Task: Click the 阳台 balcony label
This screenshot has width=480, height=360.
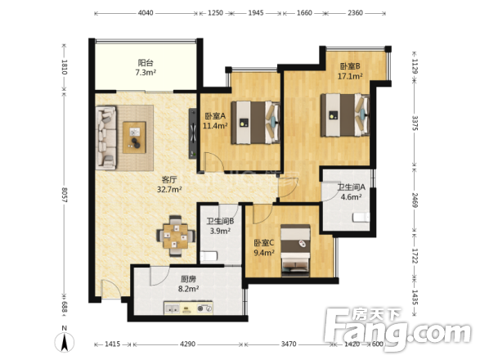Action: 146,63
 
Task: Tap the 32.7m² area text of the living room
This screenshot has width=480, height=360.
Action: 169,189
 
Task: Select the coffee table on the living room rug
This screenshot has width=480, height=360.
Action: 134,137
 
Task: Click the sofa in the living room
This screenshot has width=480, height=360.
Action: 106,137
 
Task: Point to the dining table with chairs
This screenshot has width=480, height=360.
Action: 176,236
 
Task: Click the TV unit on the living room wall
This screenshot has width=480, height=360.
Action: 192,133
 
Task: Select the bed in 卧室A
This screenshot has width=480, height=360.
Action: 256,123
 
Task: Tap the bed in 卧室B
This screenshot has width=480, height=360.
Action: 345,115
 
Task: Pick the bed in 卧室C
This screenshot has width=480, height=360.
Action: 295,250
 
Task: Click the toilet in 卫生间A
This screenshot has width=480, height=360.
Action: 361,217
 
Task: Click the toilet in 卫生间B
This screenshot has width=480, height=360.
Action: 209,256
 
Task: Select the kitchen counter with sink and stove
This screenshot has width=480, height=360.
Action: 188,308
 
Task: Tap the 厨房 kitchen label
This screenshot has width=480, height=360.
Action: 188,279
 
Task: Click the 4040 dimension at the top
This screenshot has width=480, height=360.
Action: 146,13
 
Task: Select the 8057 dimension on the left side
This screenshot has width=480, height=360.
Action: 65,195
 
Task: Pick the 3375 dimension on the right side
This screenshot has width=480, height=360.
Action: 415,123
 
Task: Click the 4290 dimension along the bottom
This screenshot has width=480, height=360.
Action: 187,344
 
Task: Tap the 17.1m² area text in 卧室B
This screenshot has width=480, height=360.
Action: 350,76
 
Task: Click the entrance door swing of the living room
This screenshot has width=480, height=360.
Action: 111,289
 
